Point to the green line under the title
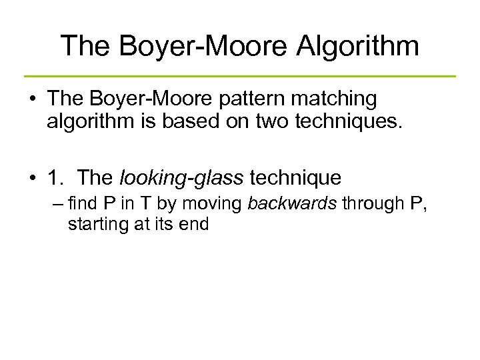240,76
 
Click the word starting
94,225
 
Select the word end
196,225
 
